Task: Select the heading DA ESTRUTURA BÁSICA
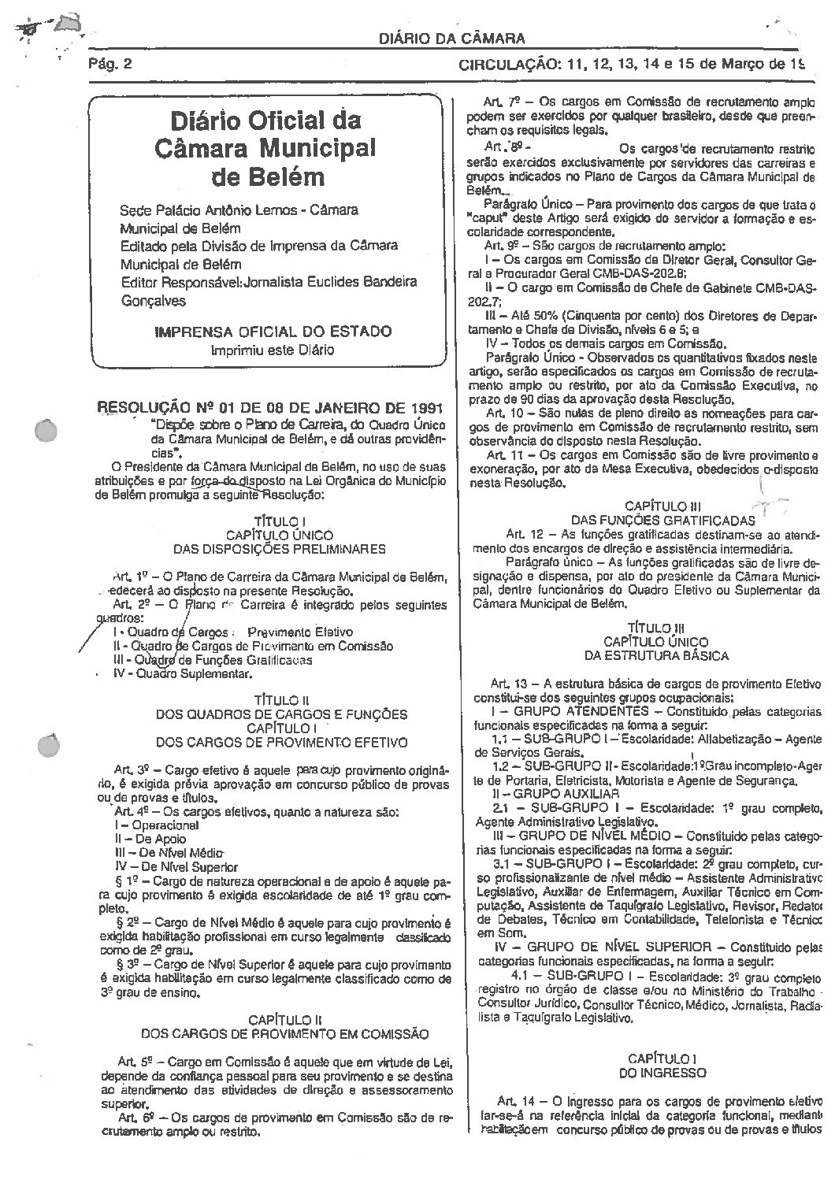click(655, 654)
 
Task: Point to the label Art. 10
click(504, 413)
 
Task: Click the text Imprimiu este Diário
click(272, 350)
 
